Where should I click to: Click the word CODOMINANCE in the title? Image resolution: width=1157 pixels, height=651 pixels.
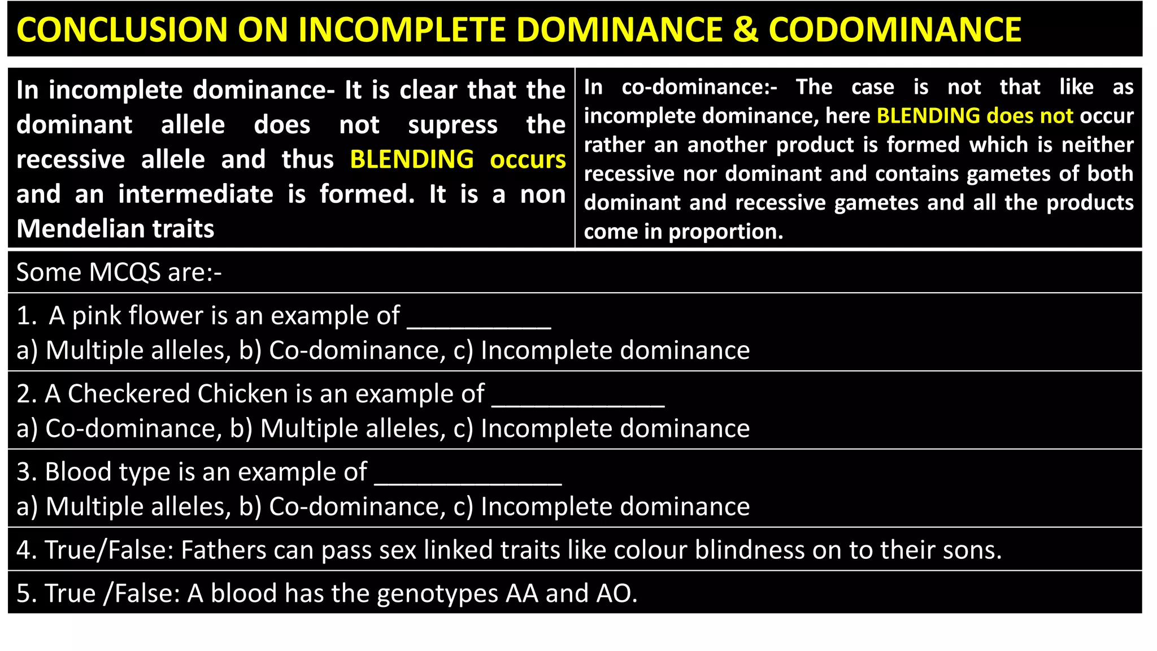[895, 29]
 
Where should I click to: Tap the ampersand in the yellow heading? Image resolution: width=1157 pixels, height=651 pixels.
[745, 29]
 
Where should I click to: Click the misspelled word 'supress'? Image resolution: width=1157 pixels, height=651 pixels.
[453, 125]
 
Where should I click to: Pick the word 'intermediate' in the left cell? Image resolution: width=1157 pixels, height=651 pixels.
[195, 194]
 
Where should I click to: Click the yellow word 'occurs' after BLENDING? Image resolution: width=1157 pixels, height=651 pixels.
[528, 160]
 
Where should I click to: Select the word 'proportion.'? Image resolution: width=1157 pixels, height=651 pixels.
[726, 232]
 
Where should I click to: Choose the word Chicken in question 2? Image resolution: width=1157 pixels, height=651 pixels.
[243, 394]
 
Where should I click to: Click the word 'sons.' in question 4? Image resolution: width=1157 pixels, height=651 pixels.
[972, 550]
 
